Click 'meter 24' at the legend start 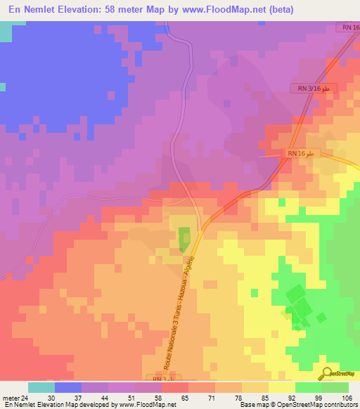point(14,398)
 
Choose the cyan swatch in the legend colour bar point(41,387)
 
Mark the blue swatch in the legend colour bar point(67,387)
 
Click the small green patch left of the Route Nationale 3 point(184,239)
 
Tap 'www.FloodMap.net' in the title point(233,9)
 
